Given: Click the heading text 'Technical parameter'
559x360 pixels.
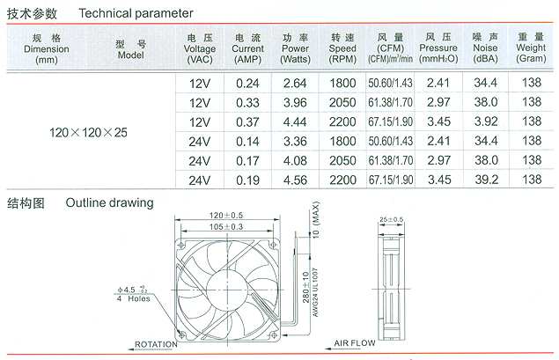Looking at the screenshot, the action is [136, 13].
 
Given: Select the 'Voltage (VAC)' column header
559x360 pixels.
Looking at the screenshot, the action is [200, 48].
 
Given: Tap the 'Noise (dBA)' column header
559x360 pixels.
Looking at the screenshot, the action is [485, 48].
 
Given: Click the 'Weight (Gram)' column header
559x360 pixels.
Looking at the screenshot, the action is [531, 48].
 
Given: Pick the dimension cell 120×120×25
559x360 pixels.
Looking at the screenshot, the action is [88, 133].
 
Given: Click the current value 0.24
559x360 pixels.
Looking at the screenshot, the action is [247, 84].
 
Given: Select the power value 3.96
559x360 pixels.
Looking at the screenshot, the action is [295, 103].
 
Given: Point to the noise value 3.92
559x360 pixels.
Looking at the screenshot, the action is [486, 121].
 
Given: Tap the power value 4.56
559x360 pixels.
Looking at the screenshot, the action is [295, 180].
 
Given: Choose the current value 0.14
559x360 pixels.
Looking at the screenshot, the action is [247, 142].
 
